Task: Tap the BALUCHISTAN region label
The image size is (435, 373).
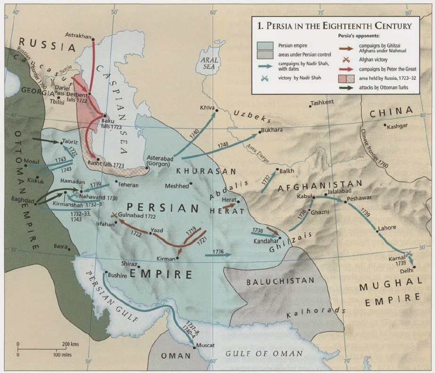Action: pyautogui.click(x=280, y=280)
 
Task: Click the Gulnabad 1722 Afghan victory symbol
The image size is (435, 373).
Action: pyautogui.click(x=113, y=215)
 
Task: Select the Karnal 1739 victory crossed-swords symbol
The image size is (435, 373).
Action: pyautogui.click(x=410, y=254)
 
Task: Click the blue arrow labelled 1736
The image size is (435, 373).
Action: pyautogui.click(x=218, y=254)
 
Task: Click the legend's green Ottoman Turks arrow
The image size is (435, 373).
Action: pyautogui.click(x=348, y=86)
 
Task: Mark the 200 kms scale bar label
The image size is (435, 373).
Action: pyautogui.click(x=70, y=344)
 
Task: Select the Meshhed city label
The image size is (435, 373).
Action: pyautogui.click(x=176, y=186)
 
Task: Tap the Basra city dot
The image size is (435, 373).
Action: pyautogui.click(x=69, y=249)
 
